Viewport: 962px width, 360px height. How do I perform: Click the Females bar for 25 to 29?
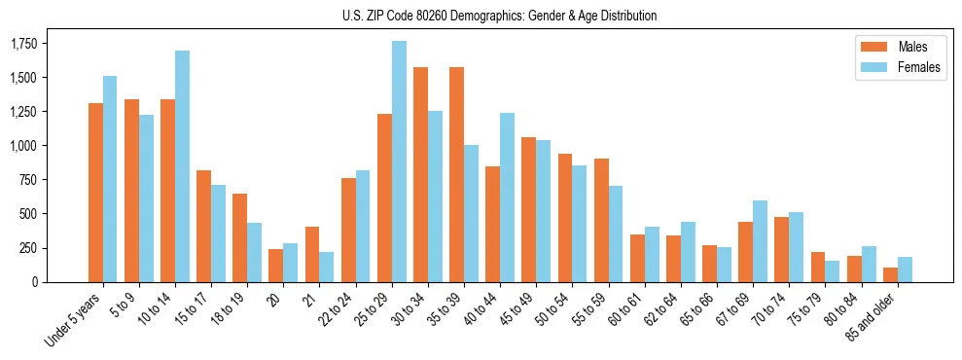click(x=399, y=162)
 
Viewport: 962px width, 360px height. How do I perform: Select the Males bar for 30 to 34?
click(x=420, y=175)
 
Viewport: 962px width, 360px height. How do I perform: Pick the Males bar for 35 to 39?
click(x=456, y=175)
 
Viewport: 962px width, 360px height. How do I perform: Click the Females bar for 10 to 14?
click(x=182, y=166)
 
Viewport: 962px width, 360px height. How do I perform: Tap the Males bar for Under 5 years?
click(x=95, y=193)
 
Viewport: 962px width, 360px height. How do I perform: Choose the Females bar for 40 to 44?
click(x=507, y=198)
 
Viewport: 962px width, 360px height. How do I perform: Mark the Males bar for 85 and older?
click(x=890, y=274)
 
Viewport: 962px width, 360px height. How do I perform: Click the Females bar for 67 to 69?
click(x=760, y=241)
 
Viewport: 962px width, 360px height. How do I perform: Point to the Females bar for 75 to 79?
click(x=832, y=271)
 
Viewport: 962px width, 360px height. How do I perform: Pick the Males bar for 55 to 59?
click(x=601, y=220)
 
